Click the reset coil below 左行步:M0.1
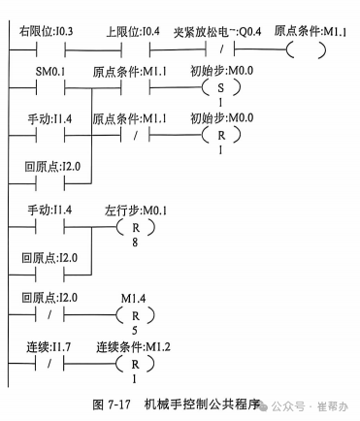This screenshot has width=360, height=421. tap(129, 230)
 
